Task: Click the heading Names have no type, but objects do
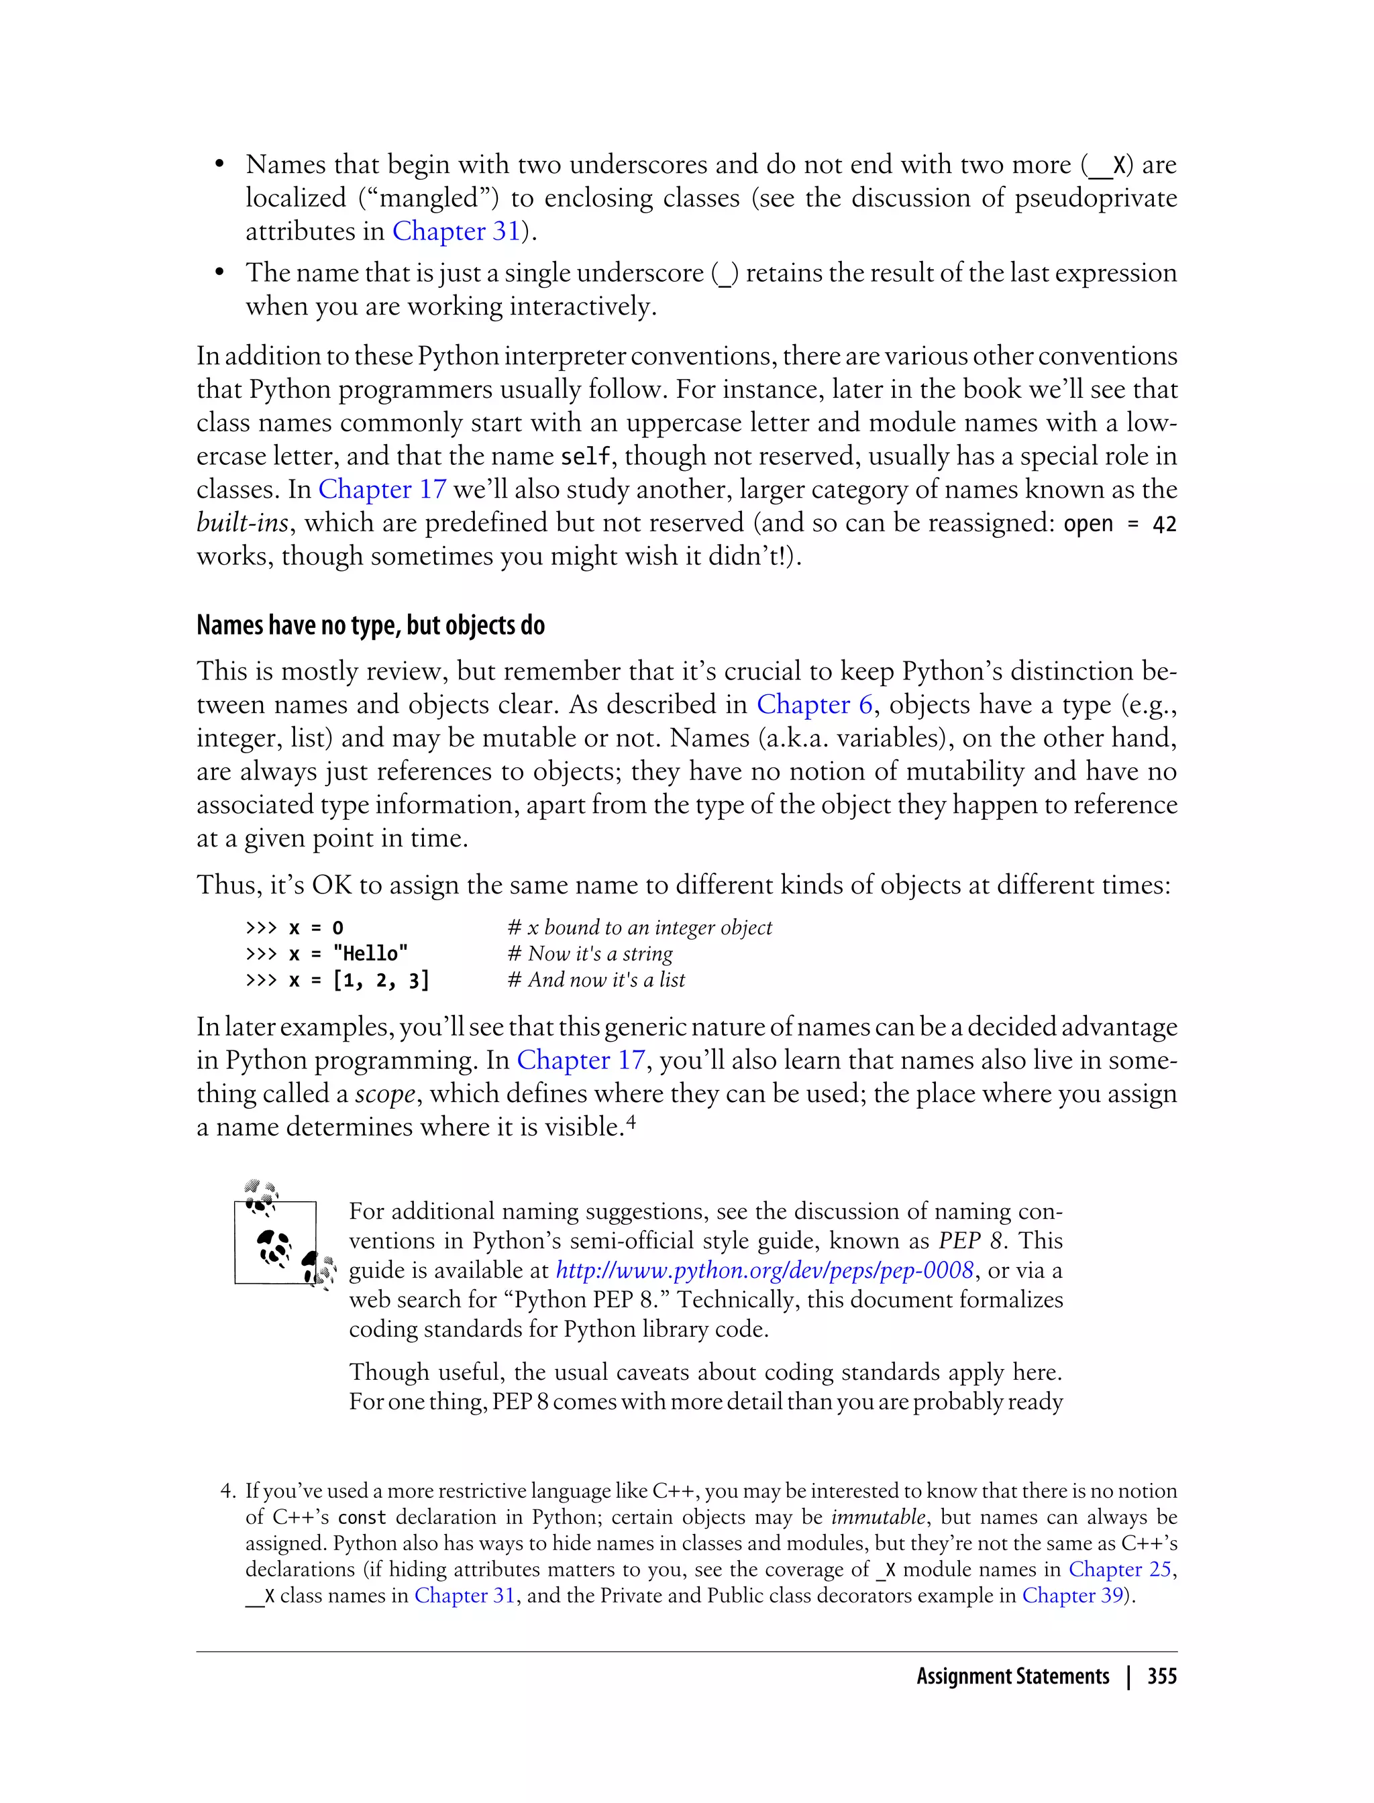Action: (370, 626)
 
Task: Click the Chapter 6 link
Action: (814, 705)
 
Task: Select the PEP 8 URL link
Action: (765, 1270)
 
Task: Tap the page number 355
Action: (1161, 1676)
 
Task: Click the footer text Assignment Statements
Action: (1012, 1676)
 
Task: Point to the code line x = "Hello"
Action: (327, 953)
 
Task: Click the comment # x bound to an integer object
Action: (639, 927)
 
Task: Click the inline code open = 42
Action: (1120, 524)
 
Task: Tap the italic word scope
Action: (384, 1094)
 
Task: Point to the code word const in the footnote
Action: (362, 1518)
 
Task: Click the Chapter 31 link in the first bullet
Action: (456, 231)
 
